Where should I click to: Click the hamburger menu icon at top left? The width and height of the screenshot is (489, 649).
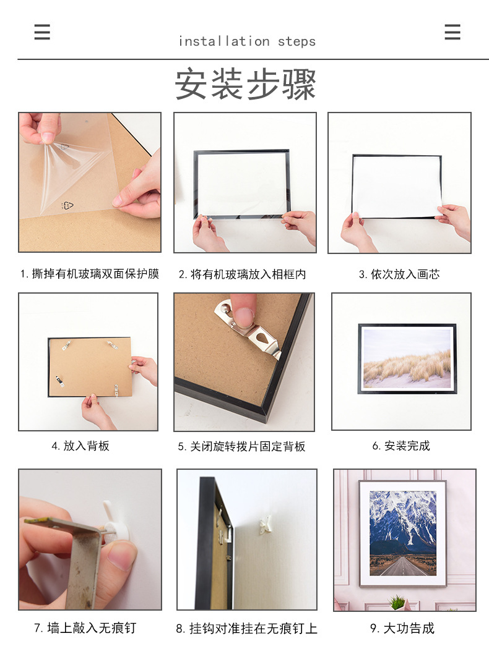tap(42, 32)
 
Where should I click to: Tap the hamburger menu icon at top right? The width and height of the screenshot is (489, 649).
tap(452, 32)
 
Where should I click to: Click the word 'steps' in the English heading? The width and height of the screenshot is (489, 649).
tap(296, 41)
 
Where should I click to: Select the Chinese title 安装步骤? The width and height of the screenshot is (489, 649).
tap(245, 84)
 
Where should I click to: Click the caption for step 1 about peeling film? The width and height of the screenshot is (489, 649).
tap(90, 274)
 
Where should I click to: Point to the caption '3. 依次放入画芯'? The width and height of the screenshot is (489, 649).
tap(399, 274)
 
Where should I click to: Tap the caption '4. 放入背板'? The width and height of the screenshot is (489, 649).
tap(80, 446)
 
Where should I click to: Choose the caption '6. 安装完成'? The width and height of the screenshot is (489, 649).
tap(401, 446)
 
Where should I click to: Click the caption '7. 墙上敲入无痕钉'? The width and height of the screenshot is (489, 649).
tap(85, 628)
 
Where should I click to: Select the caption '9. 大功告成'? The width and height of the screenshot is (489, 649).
tap(402, 629)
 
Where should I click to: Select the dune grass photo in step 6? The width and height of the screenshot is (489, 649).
tap(407, 358)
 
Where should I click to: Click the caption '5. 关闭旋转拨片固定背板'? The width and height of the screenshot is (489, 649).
tap(241, 446)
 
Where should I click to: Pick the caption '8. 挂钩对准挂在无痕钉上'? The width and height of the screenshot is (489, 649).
tap(246, 629)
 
